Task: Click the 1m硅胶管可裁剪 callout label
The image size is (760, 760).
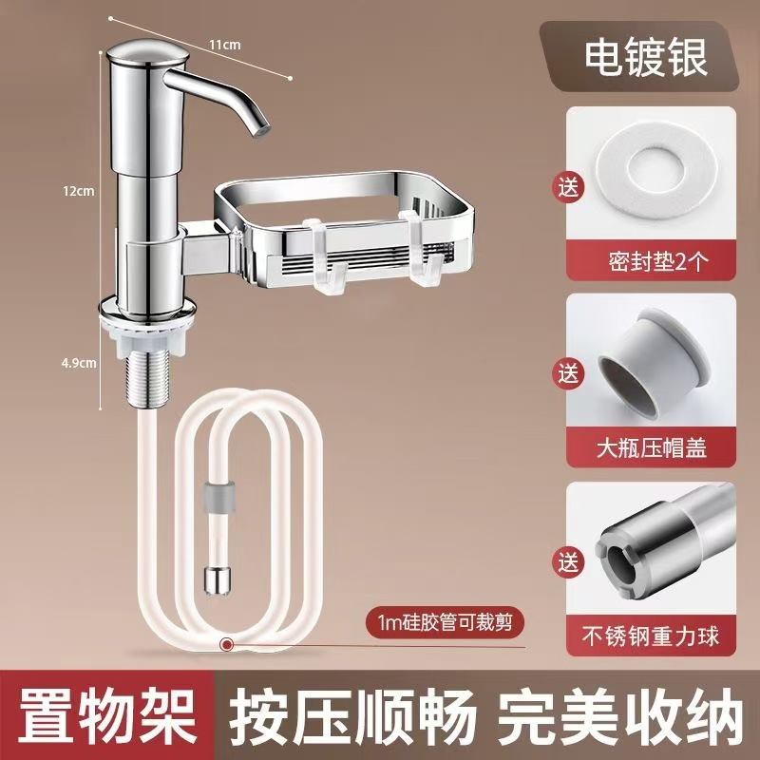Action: tap(445, 623)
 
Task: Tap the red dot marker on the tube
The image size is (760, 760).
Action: tap(226, 645)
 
